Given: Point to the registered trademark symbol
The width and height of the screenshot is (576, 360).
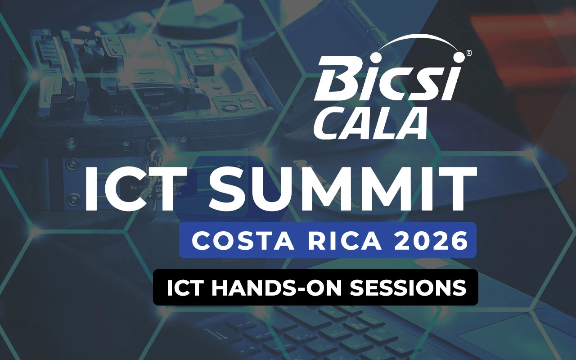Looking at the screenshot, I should point(469,53).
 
